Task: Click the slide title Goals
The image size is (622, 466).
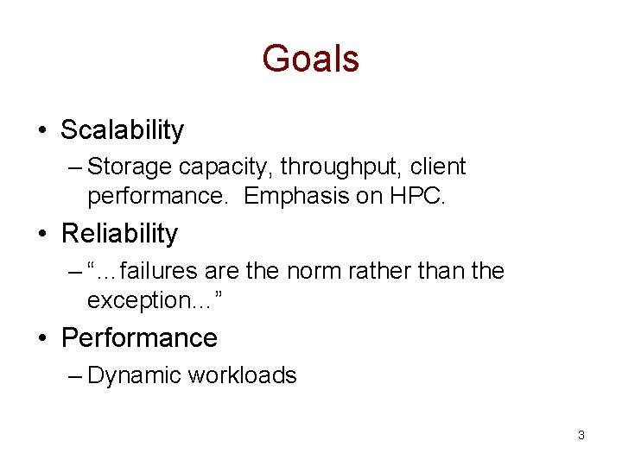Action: (310, 59)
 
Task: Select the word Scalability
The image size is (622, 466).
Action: (122, 130)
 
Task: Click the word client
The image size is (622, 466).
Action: (438, 167)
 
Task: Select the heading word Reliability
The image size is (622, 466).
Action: (119, 233)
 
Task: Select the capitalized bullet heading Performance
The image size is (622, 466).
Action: (139, 337)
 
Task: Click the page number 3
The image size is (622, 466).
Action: (581, 435)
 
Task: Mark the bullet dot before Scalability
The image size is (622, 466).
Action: (42, 131)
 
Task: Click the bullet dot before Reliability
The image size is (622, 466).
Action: (42, 234)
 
